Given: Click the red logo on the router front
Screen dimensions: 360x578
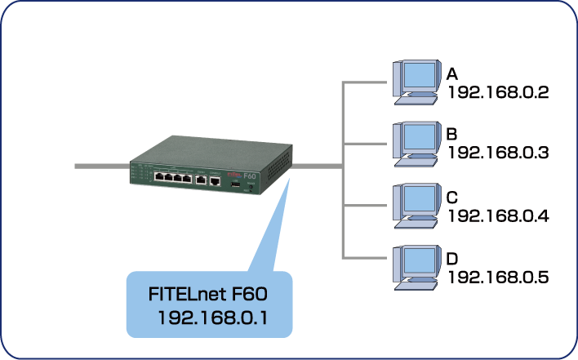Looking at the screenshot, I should tap(231, 173).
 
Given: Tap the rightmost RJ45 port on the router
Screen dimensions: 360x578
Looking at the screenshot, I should tap(214, 181).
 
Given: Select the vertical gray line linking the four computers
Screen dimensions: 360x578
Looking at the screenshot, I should tap(343, 171).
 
